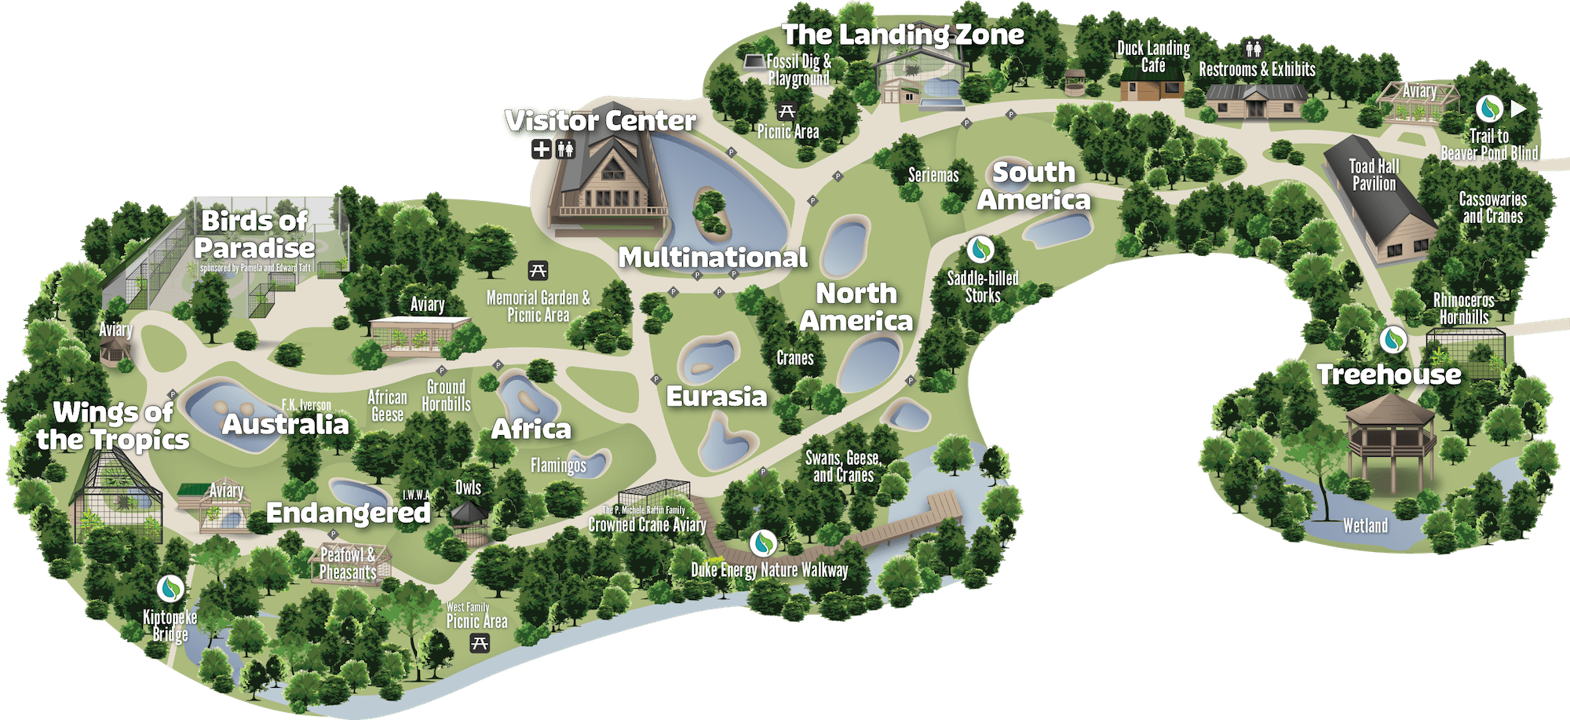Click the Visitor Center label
[601, 121]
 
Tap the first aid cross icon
[542, 149]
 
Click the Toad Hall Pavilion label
[1374, 175]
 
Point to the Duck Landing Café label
[1153, 57]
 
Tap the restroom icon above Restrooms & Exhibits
[1254, 49]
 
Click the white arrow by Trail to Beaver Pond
[1518, 109]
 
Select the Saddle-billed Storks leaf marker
[980, 250]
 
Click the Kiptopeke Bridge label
[170, 626]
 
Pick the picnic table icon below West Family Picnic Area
[480, 644]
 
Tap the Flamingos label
[558, 466]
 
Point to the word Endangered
[348, 513]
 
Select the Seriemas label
[933, 175]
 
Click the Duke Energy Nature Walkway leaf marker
[763, 543]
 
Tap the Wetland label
[1365, 526]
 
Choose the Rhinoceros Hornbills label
[1463, 309]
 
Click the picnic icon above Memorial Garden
[538, 271]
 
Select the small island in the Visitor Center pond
[711, 212]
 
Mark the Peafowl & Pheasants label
[348, 564]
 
